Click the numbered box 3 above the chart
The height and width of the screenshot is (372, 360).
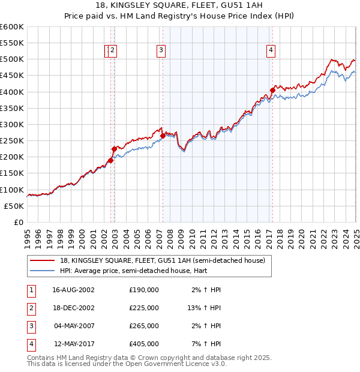(161, 51)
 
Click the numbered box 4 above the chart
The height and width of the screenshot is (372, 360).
(271, 51)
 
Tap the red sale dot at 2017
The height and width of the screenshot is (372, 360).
(272, 91)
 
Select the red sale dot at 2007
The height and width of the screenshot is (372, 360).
(163, 136)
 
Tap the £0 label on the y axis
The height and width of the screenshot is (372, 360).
(19, 223)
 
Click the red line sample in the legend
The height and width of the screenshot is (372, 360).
(42, 260)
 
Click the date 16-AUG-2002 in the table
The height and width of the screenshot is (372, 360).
(74, 290)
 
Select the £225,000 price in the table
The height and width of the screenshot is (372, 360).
(144, 308)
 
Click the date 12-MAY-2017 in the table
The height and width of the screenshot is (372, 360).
(74, 344)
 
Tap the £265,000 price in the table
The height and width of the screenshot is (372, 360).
(144, 326)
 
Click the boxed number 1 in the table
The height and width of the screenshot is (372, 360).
(31, 290)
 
